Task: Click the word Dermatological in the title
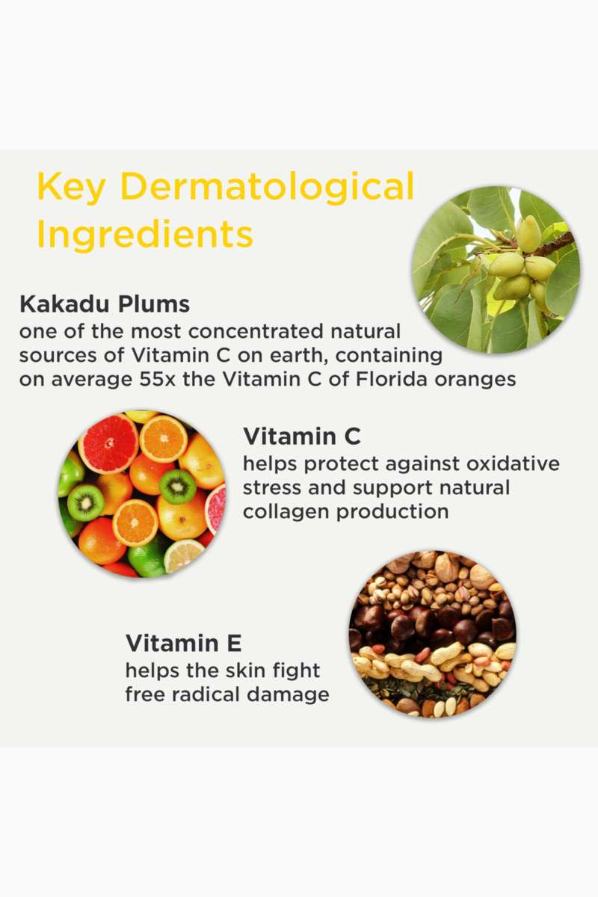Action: tap(266, 188)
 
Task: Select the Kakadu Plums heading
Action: tap(105, 305)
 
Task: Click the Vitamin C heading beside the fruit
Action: tap(301, 437)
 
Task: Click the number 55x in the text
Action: tap(157, 380)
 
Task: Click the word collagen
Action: tap(286, 513)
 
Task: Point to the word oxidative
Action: tap(513, 463)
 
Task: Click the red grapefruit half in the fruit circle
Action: tap(108, 443)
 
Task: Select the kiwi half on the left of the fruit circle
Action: tap(85, 502)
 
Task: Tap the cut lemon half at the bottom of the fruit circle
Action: tap(183, 556)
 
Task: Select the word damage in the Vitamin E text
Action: tap(288, 696)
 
